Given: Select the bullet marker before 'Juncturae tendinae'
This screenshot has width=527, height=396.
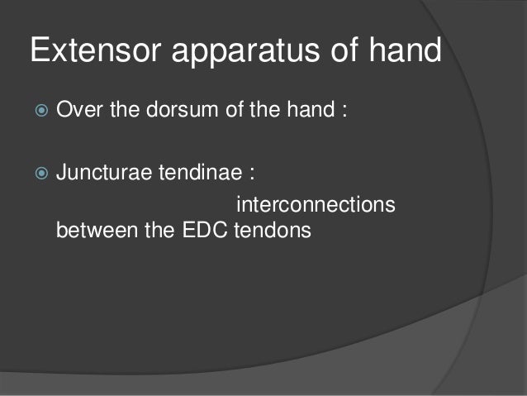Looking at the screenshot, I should tap(38, 174).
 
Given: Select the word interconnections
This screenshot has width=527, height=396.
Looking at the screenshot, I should tap(316, 203).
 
